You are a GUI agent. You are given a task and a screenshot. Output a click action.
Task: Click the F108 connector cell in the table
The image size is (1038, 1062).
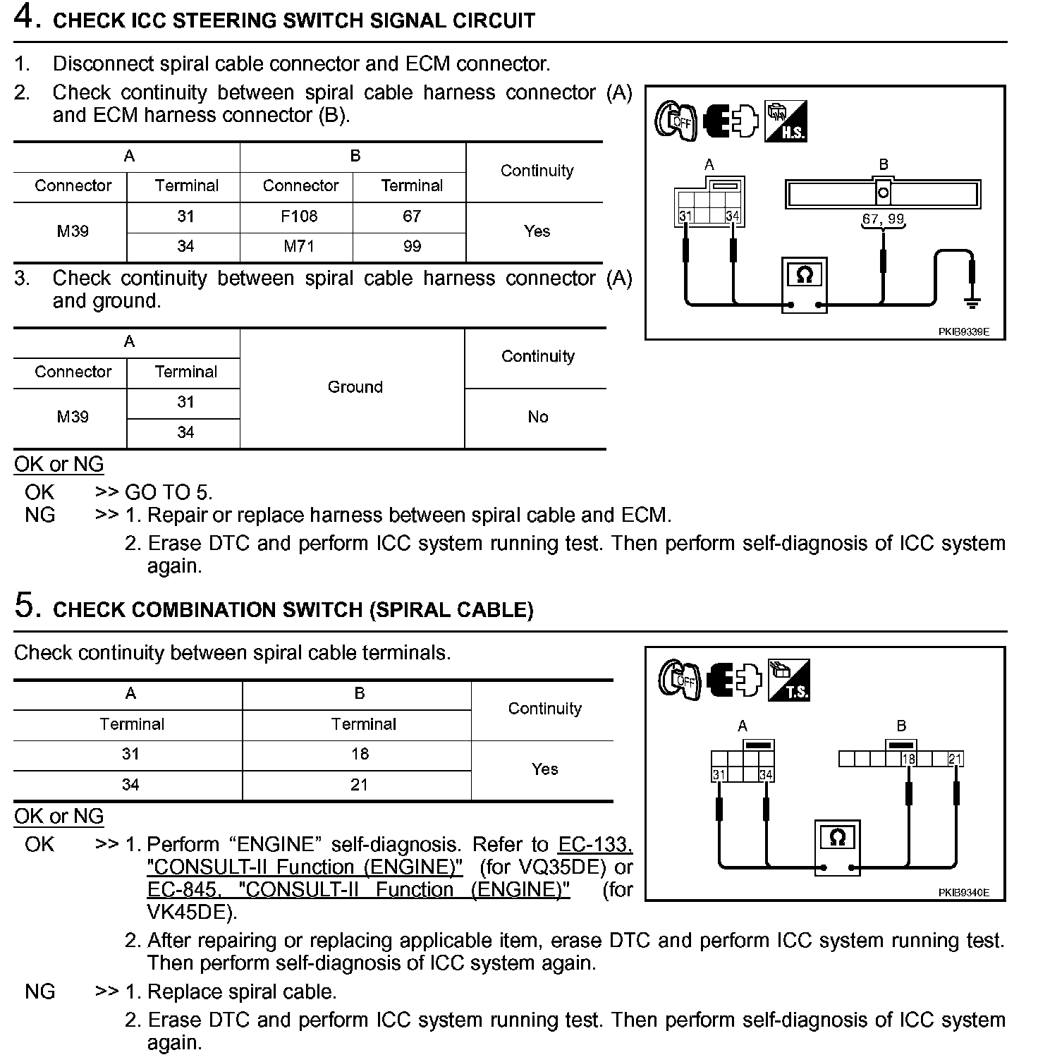tap(299, 216)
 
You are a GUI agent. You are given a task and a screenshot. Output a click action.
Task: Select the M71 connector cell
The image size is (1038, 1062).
tap(299, 246)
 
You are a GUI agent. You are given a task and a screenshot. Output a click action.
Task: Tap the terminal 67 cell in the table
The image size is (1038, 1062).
tap(412, 216)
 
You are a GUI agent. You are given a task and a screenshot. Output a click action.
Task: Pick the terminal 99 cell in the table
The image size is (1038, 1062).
tap(412, 246)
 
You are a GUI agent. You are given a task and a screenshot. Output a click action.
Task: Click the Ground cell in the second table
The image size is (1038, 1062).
tap(355, 387)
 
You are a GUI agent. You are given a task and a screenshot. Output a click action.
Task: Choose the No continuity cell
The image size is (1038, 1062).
tap(537, 417)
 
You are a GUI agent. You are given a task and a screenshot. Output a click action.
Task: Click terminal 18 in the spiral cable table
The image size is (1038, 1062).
tap(360, 755)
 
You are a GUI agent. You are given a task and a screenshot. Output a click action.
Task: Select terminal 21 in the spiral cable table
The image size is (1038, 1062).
tap(360, 785)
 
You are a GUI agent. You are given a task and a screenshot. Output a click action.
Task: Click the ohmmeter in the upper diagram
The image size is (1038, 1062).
tap(805, 283)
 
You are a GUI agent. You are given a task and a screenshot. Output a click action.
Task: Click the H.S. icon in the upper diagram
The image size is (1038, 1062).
tap(786, 121)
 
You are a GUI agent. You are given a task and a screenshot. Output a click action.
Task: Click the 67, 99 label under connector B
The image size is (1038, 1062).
tap(883, 219)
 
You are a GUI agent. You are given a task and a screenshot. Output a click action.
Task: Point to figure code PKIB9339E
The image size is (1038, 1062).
tap(963, 331)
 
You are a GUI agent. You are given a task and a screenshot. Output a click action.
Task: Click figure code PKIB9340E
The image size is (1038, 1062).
tap(963, 893)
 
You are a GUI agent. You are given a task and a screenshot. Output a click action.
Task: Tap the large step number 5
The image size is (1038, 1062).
tap(25, 606)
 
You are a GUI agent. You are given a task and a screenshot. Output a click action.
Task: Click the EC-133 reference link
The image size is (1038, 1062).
tap(594, 845)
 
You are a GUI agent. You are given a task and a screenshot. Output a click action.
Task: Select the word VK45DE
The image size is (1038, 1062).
tap(188, 913)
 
